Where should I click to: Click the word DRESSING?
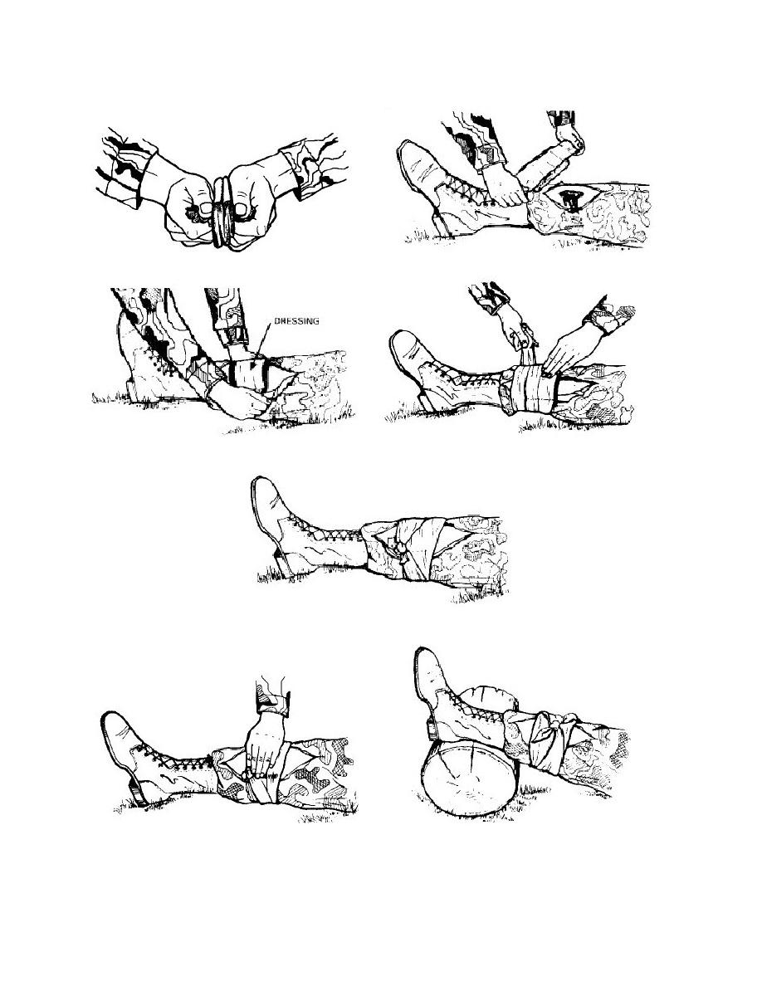point(296,320)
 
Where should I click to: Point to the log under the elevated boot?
point(471,779)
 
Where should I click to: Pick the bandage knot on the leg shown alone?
point(399,547)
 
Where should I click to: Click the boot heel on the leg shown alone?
point(281,559)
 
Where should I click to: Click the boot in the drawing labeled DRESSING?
point(154,359)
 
